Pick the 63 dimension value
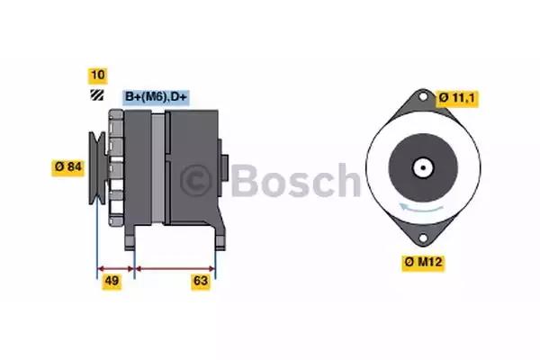click(x=201, y=282)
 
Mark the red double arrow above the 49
click(x=115, y=267)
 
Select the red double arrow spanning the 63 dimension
click(x=175, y=267)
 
